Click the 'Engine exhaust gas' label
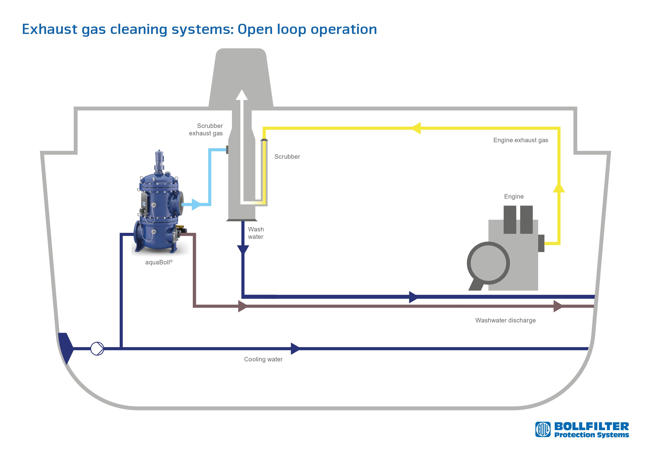(521, 140)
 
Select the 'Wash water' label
(256, 233)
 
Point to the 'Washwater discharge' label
(505, 320)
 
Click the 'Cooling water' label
(263, 359)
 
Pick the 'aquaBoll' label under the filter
(158, 262)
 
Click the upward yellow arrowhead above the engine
(559, 188)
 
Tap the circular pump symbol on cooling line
(97, 348)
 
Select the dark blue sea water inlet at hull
(65, 348)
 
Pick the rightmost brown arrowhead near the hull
(558, 306)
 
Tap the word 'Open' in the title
(255, 29)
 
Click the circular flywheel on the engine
(488, 263)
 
